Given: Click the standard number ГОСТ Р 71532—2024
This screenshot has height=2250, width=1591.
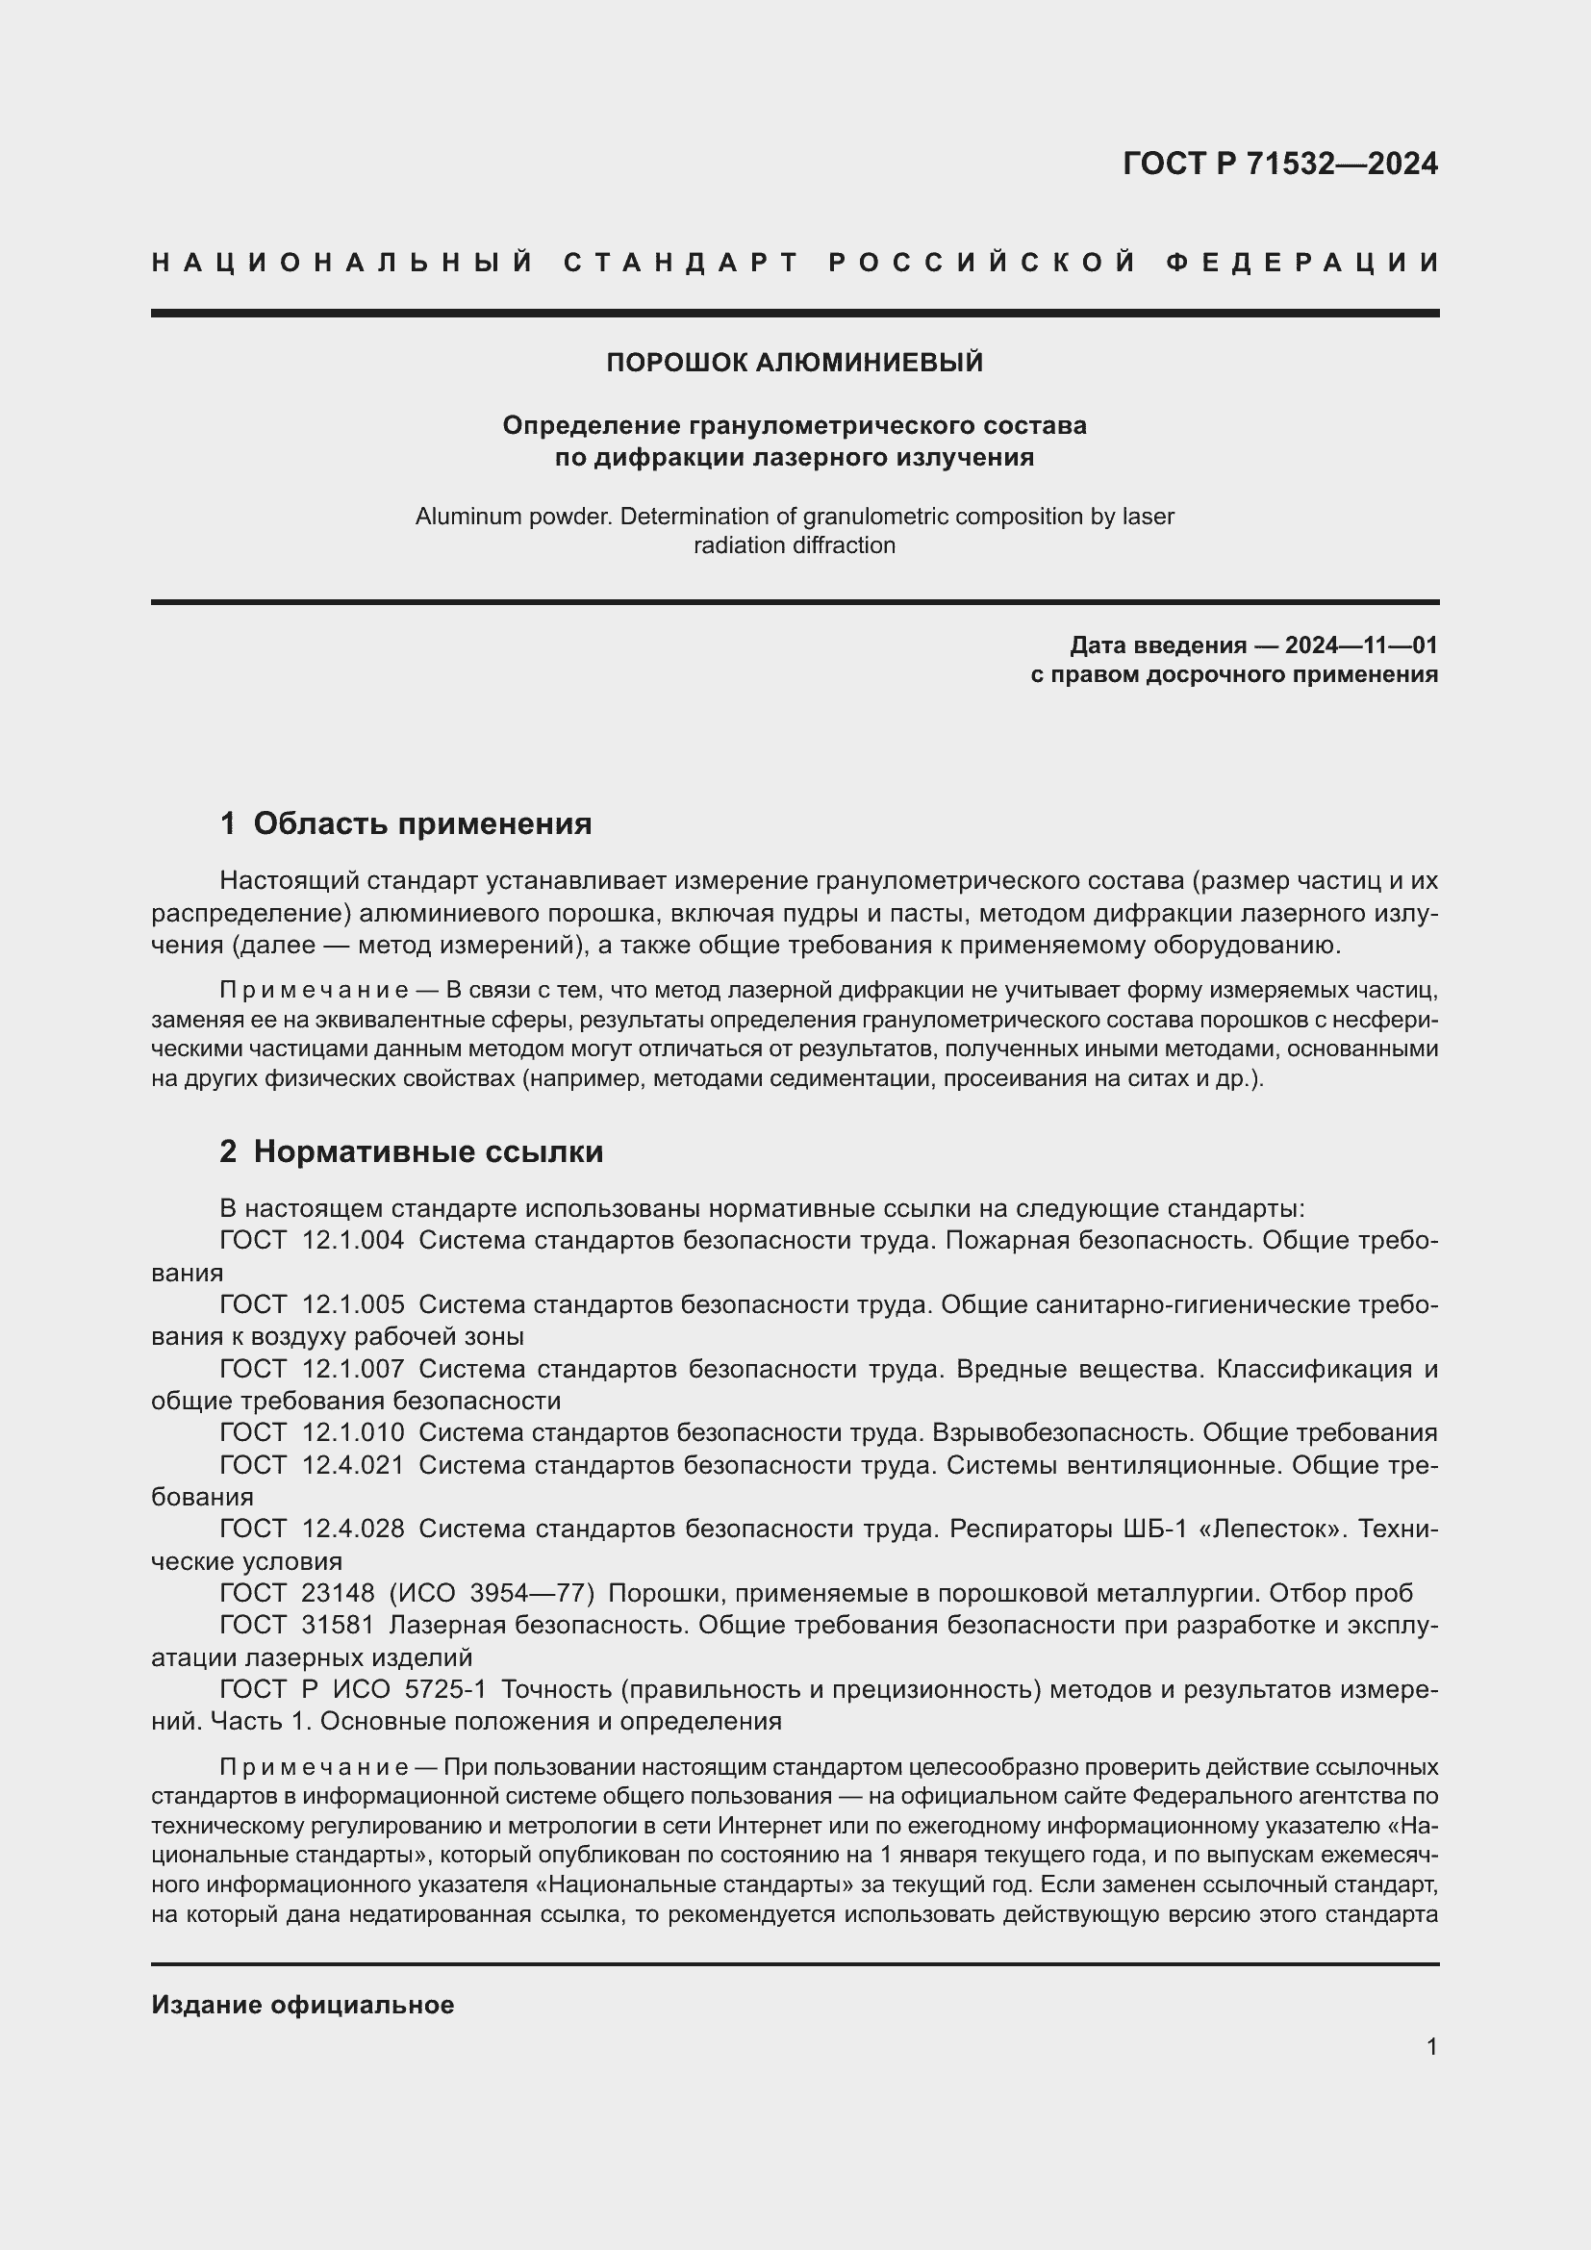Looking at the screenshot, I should tap(1279, 164).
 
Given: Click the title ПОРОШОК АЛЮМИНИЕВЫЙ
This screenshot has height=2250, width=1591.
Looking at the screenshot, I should tap(795, 363).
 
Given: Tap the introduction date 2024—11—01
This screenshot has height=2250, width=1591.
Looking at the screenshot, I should tap(1361, 645).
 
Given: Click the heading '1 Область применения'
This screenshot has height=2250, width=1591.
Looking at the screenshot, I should tap(406, 823).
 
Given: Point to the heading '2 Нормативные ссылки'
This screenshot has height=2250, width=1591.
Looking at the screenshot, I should tap(412, 1151).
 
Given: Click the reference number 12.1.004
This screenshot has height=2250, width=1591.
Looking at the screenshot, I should tap(353, 1240).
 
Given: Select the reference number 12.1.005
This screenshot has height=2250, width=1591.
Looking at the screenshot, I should tap(353, 1304).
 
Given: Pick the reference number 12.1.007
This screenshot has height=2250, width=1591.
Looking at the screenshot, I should tap(353, 1368).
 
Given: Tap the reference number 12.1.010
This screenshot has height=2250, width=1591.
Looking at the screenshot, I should tap(353, 1432).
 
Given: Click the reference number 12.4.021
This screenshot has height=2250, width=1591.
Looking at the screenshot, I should tap(353, 1465).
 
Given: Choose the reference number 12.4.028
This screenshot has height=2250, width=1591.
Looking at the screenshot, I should tap(353, 1529).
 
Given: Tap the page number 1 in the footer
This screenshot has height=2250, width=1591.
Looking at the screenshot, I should tap(1431, 2047).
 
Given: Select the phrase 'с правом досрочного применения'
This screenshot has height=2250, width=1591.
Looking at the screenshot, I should tap(1233, 674).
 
